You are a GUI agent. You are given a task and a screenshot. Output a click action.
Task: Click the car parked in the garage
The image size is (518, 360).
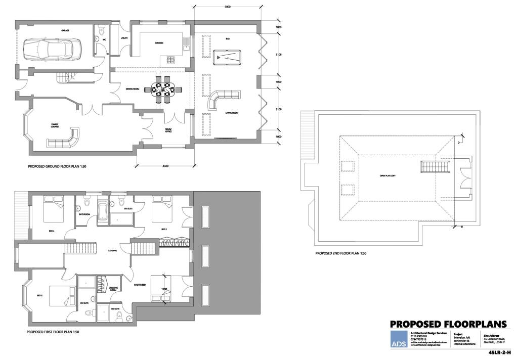49,49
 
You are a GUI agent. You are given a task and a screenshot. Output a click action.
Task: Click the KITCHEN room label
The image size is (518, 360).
159,43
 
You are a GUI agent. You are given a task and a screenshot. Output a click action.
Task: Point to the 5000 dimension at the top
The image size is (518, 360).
227,7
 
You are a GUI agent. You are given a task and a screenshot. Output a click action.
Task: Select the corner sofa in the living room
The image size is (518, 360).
222,99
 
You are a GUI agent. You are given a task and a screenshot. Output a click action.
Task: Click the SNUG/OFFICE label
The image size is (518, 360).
168,130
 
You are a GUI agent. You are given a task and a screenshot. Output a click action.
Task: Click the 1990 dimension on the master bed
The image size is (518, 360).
164,289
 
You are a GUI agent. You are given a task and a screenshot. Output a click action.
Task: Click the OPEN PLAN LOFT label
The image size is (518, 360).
388,176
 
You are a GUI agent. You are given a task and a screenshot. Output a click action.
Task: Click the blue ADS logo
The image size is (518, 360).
398,339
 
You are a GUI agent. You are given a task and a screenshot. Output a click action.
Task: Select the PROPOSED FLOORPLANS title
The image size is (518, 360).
448,325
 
